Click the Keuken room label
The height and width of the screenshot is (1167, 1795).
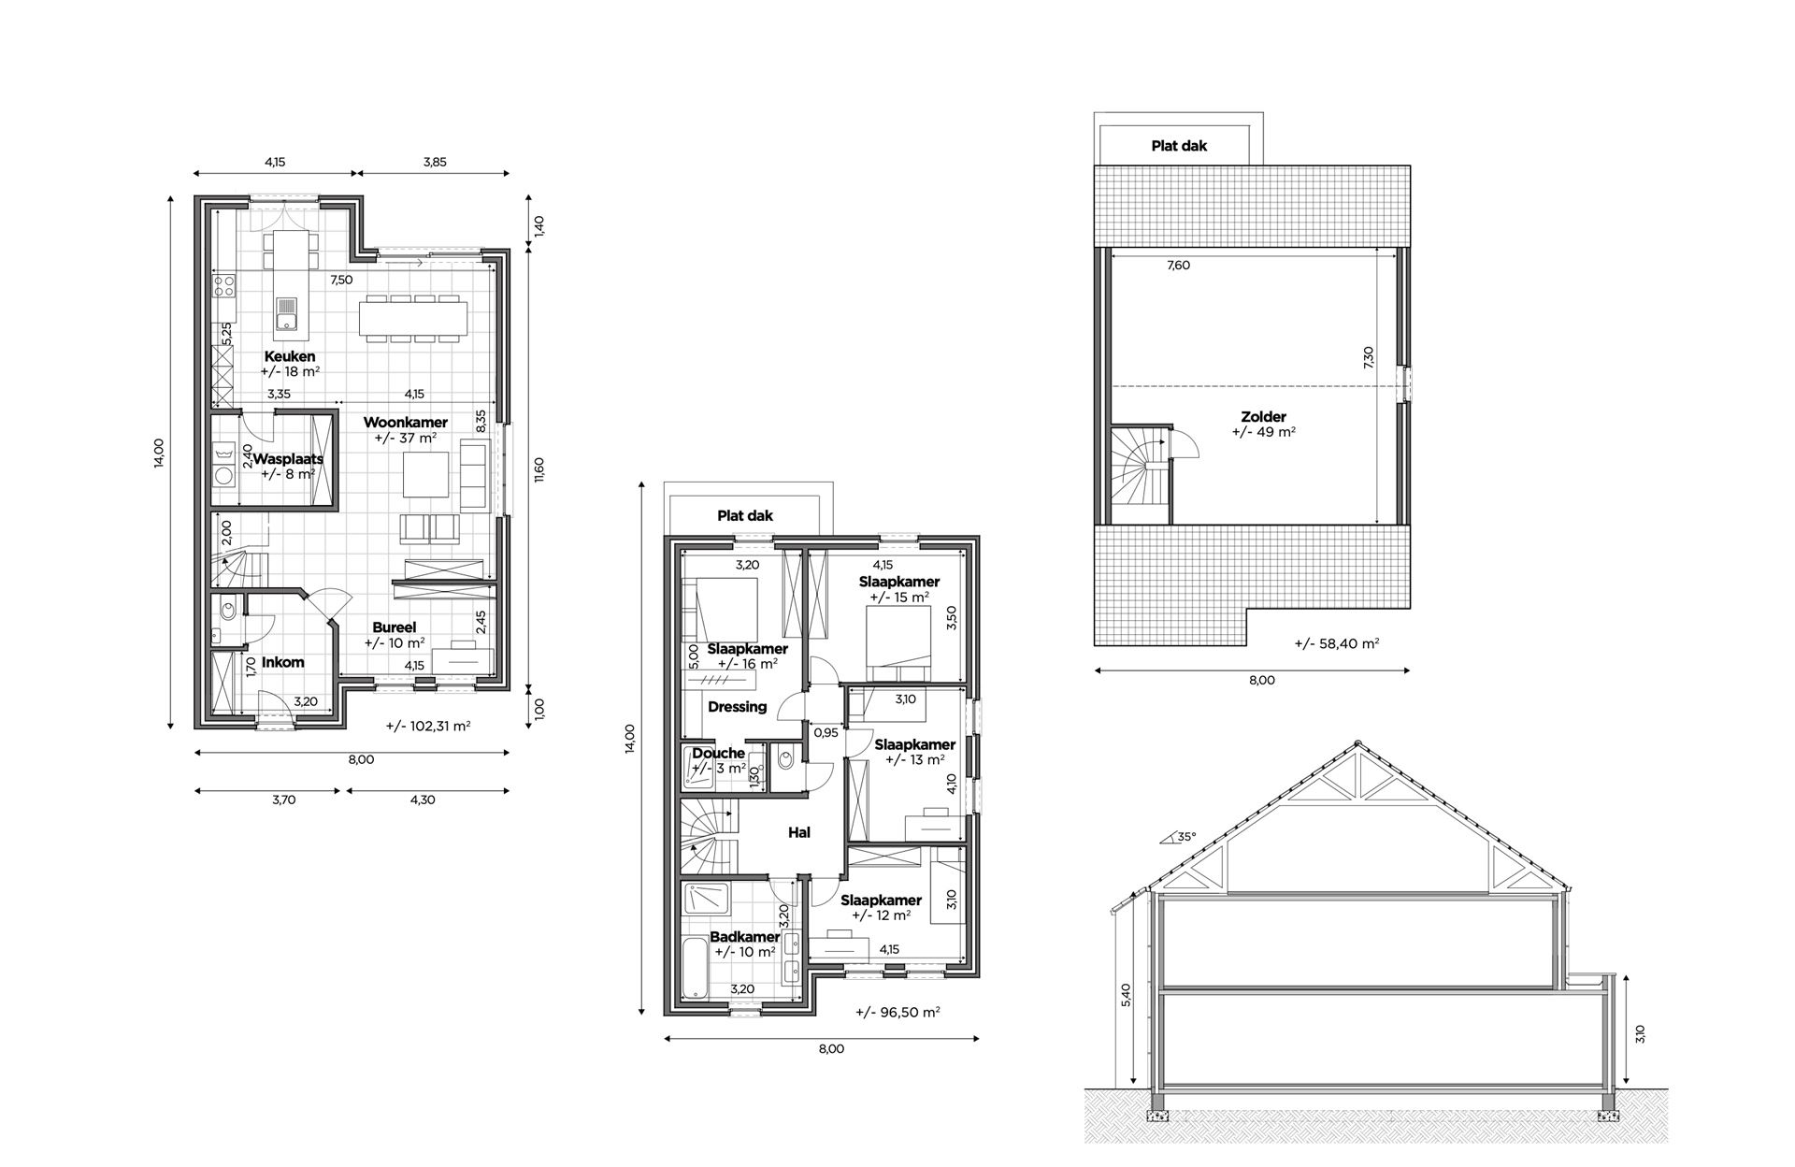[x=289, y=356]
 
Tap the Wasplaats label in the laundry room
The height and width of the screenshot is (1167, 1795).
[x=288, y=459]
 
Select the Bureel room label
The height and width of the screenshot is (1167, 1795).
[x=394, y=627]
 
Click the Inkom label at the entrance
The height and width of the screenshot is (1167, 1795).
[x=282, y=662]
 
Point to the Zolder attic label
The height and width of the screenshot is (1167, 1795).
[x=1263, y=417]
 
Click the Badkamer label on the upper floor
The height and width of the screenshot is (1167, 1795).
[x=744, y=937]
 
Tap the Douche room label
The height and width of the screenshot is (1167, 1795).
[x=718, y=753]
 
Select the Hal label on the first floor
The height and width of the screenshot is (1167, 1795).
[x=798, y=832]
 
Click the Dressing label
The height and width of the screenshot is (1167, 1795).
[x=737, y=707]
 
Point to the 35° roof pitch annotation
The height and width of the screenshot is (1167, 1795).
[x=1185, y=838]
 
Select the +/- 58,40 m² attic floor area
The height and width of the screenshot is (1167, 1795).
[x=1337, y=643]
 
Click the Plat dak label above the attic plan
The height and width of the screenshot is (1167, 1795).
[x=1179, y=146]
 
